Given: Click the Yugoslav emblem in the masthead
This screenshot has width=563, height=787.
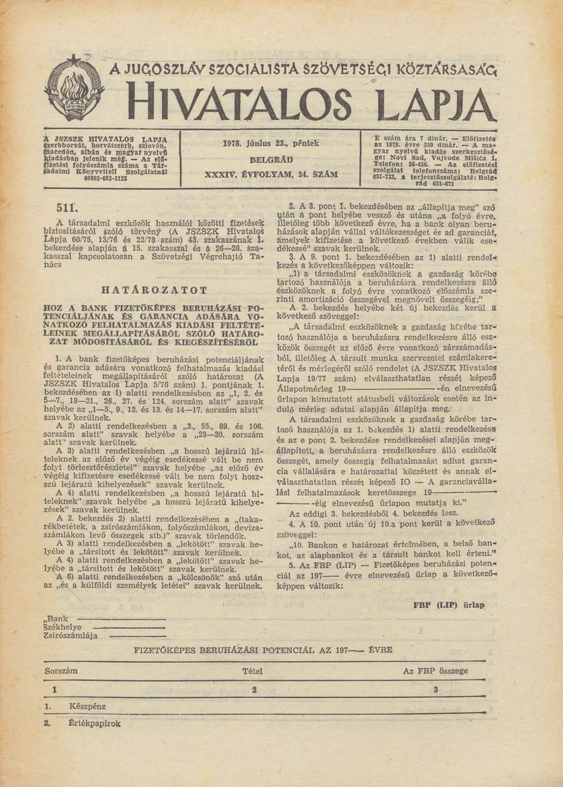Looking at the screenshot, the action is tap(75, 89).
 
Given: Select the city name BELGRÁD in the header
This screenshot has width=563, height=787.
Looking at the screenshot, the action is tap(271, 159).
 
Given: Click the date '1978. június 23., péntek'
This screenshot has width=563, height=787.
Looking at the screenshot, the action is tap(270, 143).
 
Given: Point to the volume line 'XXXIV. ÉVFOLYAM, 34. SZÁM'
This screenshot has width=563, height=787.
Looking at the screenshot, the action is tap(270, 173).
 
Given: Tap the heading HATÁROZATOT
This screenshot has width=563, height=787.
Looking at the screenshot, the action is tap(154, 290).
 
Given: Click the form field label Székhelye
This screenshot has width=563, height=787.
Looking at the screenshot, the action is tap(63, 626).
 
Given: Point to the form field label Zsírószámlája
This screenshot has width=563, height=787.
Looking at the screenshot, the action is tap(70, 635).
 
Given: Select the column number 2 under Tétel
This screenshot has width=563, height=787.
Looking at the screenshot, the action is tap(254, 689).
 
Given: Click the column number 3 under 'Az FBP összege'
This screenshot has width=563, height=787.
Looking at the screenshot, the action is tap(436, 689).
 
